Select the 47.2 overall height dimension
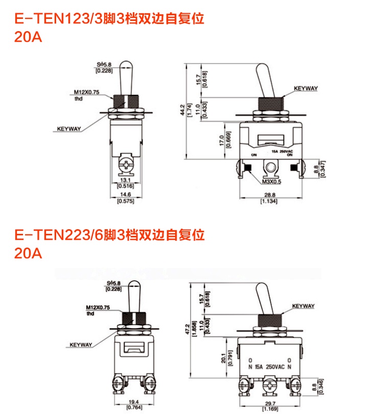coord(189,327)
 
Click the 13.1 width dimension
coord(125,180)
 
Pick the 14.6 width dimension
coord(125,194)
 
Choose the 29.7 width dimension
coord(268,402)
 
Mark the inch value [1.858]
coord(195,327)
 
